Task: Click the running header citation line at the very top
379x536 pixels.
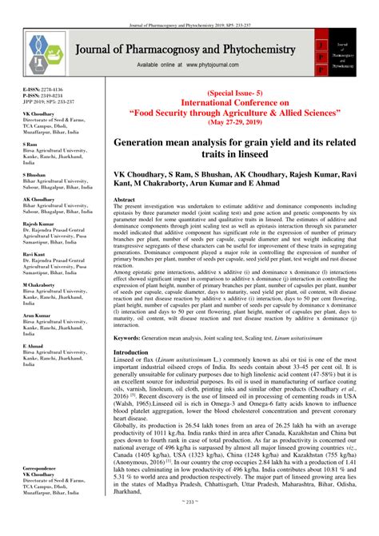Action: click(x=189, y=5)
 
